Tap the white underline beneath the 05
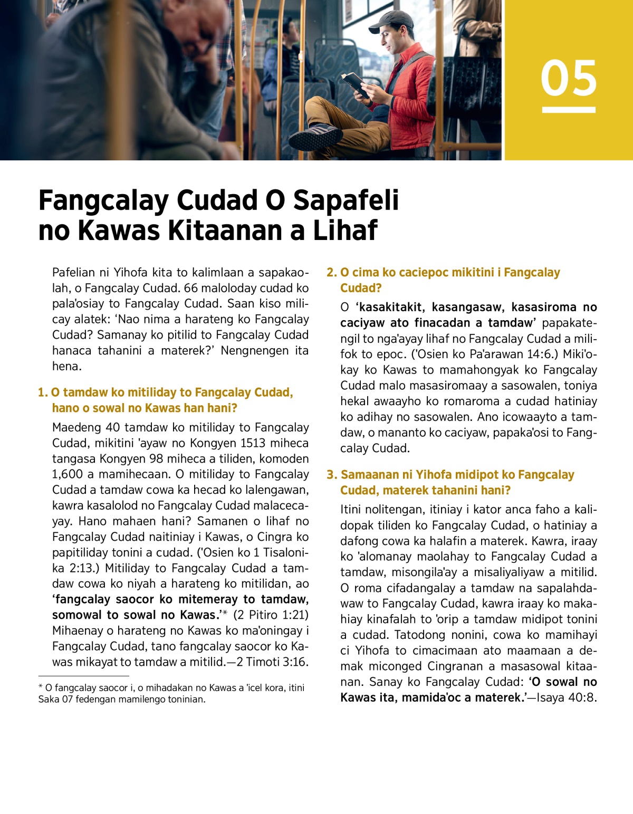[569, 110]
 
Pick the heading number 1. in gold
[43, 392]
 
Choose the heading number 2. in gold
[331, 273]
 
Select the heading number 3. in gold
[331, 475]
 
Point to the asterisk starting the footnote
[41, 687]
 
